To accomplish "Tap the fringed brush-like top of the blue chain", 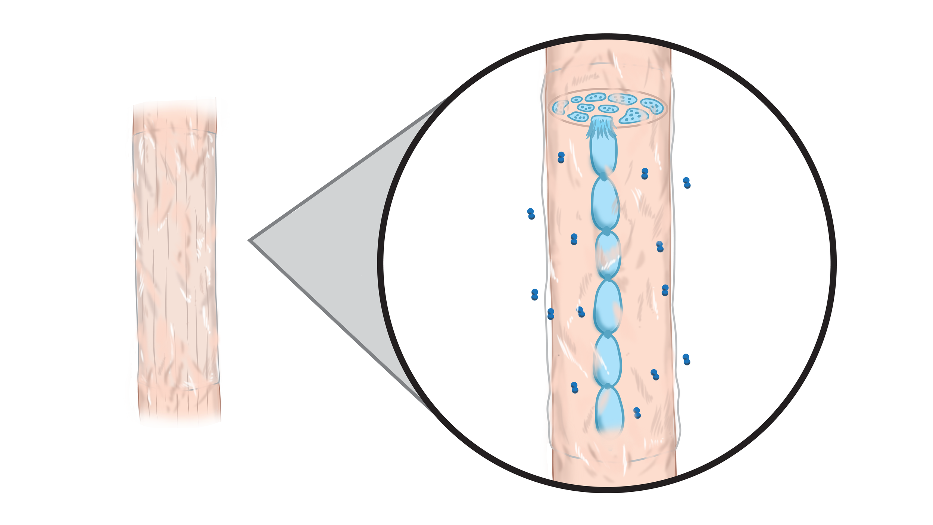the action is [601, 127].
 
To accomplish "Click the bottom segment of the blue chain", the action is [609, 410].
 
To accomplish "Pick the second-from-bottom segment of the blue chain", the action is [607, 360].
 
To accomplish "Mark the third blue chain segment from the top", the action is [608, 255].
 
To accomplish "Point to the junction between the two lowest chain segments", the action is [608, 386].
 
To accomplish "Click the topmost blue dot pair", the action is [561, 157].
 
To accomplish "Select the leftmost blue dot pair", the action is [531, 214].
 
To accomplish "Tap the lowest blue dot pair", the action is [637, 413].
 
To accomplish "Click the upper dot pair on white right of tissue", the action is [687, 183].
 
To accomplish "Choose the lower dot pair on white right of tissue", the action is [686, 359].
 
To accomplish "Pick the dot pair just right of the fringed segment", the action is [645, 174].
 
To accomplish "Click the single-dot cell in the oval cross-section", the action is [577, 100].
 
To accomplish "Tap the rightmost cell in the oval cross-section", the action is [652, 105].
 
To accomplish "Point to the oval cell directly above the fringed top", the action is [608, 109].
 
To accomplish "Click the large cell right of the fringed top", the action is [634, 116].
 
